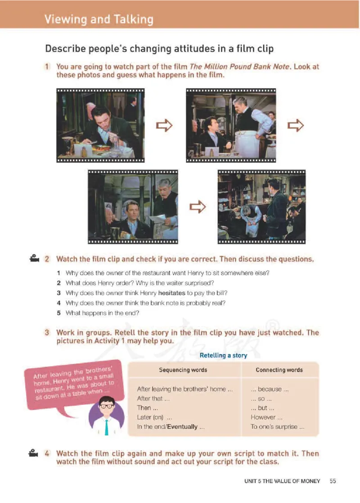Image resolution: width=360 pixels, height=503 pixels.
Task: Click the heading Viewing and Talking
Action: pos(99,19)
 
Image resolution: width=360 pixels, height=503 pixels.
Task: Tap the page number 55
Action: pos(333,481)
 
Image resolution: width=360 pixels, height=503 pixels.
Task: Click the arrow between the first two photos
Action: pos(164,126)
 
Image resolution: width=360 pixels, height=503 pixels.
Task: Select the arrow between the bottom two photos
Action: pos(198,207)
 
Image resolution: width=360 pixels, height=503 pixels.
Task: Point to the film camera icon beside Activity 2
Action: pos(34,258)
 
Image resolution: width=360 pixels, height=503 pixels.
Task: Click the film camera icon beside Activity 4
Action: pos(33,453)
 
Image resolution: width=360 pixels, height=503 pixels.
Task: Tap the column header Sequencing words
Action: pos(183,370)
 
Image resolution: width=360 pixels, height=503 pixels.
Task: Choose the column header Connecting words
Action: pos(279,370)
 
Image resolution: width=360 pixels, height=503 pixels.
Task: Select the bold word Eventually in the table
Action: pos(182,427)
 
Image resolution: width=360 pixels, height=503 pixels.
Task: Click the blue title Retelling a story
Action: pos(223,355)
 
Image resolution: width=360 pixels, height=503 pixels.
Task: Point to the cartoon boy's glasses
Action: pos(107,406)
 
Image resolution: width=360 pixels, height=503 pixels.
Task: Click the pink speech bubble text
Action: pos(74,383)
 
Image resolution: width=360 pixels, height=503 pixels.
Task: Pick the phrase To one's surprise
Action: pos(274,427)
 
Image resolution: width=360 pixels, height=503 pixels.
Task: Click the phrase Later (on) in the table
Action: pos(150,418)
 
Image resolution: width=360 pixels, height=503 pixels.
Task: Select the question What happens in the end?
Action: pos(102,313)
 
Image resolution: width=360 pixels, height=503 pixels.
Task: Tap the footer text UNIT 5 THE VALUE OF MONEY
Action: pos(282,481)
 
